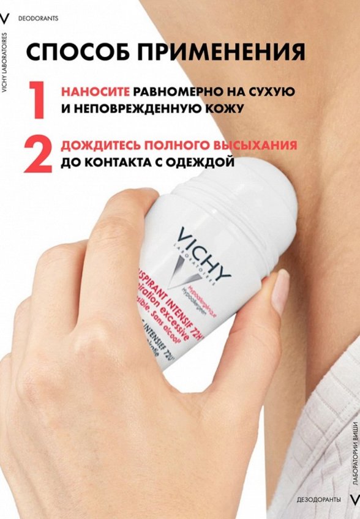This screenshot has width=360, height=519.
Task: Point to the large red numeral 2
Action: [37, 154]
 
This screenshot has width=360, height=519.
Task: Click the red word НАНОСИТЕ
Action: [95, 92]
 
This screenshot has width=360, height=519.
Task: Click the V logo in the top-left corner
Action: [7, 18]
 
